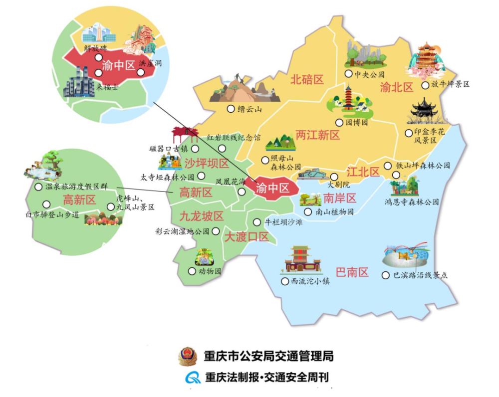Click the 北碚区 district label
[x=307, y=80]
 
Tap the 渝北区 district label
[x=397, y=88]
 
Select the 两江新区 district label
[x=317, y=135]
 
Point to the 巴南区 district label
[x=352, y=272]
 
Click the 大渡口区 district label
[x=246, y=237]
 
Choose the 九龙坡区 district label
[x=201, y=216]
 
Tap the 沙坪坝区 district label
[x=206, y=163]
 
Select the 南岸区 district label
[x=339, y=198]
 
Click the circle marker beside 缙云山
[x=230, y=109]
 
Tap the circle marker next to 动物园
[x=192, y=271]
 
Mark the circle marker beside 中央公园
[x=348, y=74]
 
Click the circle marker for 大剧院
[x=334, y=177]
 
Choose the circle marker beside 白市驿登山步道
[x=46, y=204]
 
